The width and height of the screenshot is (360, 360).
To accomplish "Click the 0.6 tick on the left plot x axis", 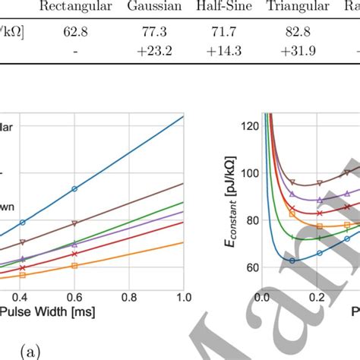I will (x=74, y=295).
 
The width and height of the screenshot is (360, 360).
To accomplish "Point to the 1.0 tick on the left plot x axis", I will (x=183, y=295).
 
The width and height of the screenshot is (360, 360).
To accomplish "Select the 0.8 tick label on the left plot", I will (x=128, y=295).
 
